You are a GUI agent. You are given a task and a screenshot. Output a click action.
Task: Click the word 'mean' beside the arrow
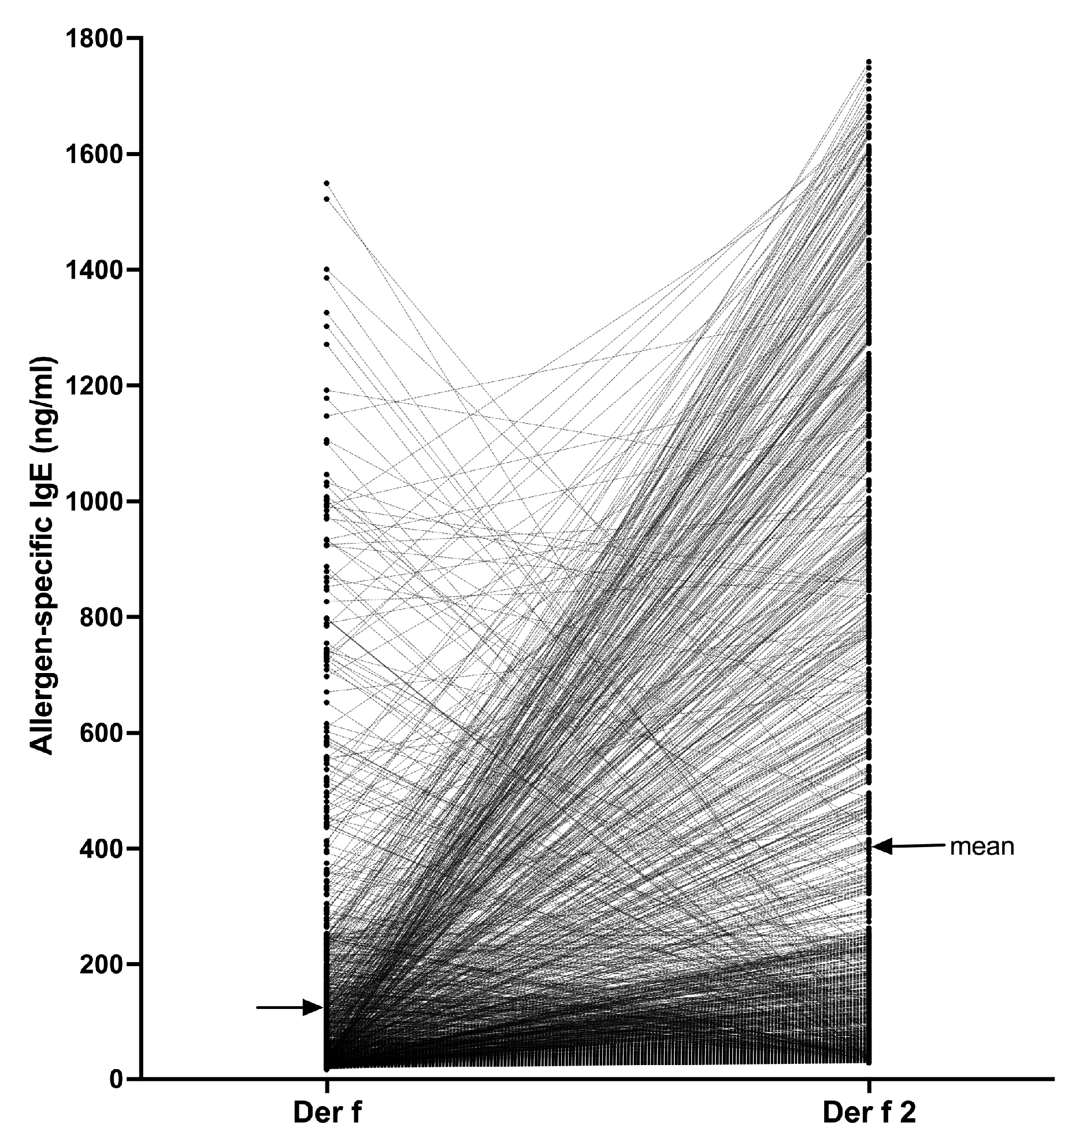[982, 846]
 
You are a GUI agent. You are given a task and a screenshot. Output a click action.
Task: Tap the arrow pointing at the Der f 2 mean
[907, 846]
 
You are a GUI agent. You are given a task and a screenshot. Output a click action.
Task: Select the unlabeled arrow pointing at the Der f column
[289, 1008]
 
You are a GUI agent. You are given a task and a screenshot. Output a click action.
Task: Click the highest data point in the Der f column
[327, 183]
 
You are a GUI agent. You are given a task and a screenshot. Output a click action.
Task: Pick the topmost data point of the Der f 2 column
[869, 61]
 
